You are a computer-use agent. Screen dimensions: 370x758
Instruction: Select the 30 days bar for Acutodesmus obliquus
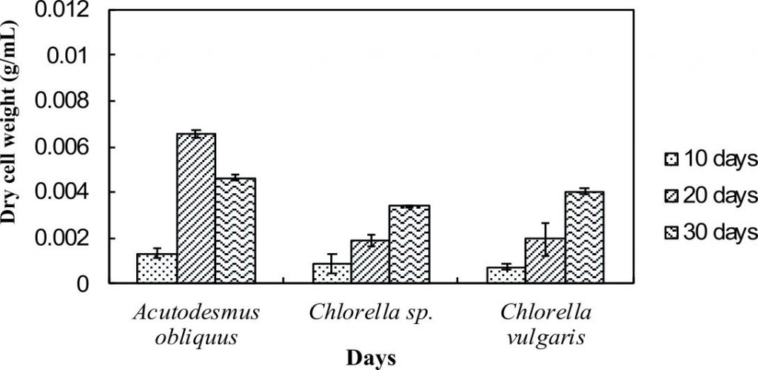point(235,231)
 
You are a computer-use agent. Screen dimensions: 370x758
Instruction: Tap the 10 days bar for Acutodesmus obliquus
point(156,269)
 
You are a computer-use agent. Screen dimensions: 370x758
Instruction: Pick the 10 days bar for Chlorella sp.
point(332,273)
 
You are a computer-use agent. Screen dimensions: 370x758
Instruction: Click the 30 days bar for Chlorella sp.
point(409,245)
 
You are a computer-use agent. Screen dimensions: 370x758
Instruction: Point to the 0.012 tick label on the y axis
point(67,11)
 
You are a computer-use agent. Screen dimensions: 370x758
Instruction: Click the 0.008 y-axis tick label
point(67,101)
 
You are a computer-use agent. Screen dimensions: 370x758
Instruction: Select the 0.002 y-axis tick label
point(67,239)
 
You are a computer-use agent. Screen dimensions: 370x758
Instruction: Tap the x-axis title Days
point(371,357)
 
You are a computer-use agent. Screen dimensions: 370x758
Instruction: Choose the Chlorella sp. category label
point(369,313)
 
